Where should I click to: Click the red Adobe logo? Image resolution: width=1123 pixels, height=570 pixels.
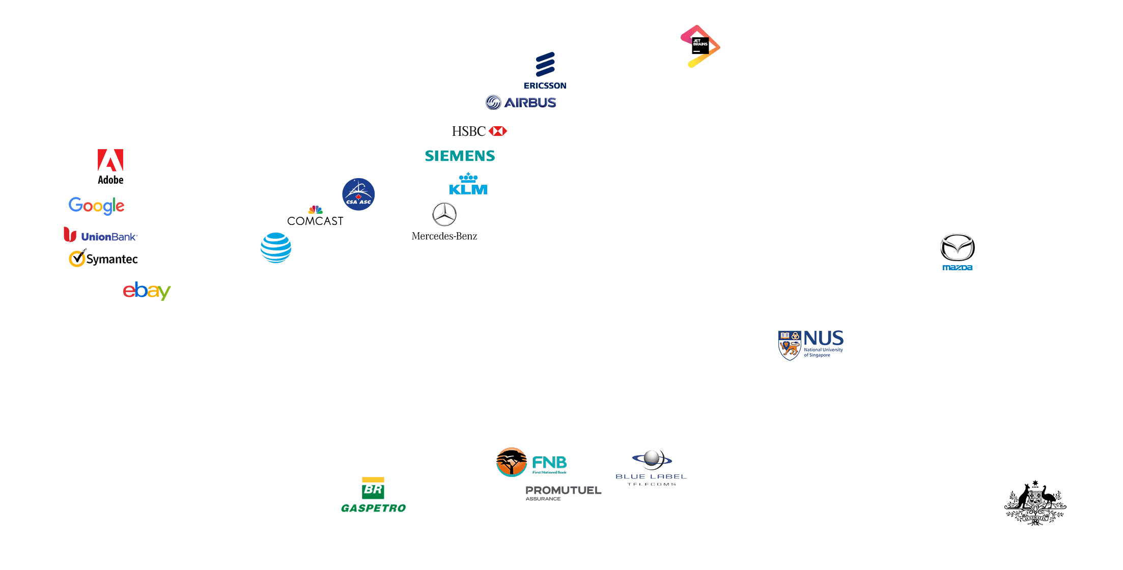coord(110,162)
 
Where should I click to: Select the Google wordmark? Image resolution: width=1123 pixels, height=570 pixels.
coord(96,206)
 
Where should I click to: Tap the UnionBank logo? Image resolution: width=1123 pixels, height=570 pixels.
coord(100,236)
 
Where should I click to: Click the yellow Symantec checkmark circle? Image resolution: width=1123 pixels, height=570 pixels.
coord(77,259)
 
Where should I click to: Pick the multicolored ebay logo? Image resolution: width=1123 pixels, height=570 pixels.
coord(147,291)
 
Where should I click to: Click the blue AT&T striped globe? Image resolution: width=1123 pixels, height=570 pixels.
coord(276,248)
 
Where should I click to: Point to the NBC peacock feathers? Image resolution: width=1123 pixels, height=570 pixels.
coord(315,210)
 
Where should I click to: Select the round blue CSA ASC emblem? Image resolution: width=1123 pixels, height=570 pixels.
coord(358,194)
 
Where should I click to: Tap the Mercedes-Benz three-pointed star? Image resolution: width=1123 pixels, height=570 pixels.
coord(444,214)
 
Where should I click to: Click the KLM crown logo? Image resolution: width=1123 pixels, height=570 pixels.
coord(468,184)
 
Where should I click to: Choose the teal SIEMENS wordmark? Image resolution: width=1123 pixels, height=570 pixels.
coord(460,156)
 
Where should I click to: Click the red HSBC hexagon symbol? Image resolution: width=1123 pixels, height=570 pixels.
coord(498,131)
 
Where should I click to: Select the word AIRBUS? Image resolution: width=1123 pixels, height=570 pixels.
coord(530,103)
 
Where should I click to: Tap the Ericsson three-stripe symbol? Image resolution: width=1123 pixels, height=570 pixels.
coord(545,65)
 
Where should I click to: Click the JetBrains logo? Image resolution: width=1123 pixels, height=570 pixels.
coord(700,46)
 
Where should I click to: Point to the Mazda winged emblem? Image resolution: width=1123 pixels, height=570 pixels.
coord(957,247)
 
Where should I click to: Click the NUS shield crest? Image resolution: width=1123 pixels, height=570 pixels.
coord(790,345)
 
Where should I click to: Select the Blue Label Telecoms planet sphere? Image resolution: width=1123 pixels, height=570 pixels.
coord(652,458)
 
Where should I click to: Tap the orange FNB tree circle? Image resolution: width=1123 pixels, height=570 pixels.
coord(511,462)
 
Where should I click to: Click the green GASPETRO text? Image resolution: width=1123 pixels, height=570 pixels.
coord(373,508)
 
